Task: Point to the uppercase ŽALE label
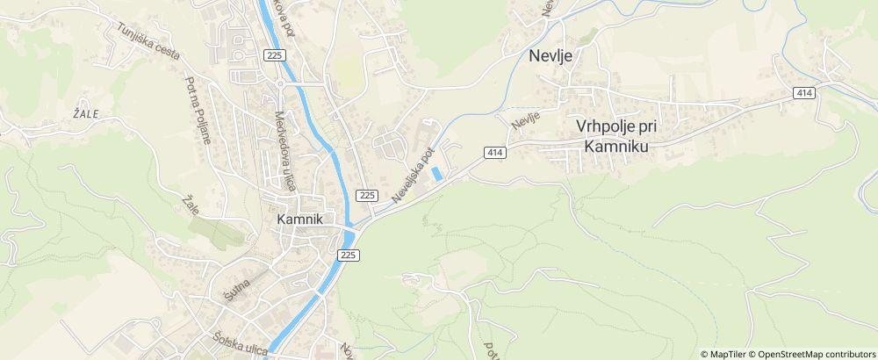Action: pyautogui.click(x=86, y=113)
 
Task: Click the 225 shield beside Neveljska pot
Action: pyautogui.click(x=368, y=194)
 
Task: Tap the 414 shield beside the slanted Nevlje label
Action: pyautogui.click(x=495, y=153)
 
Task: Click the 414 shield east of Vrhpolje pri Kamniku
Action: pyautogui.click(x=804, y=92)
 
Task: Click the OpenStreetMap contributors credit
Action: pyautogui.click(x=810, y=353)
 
